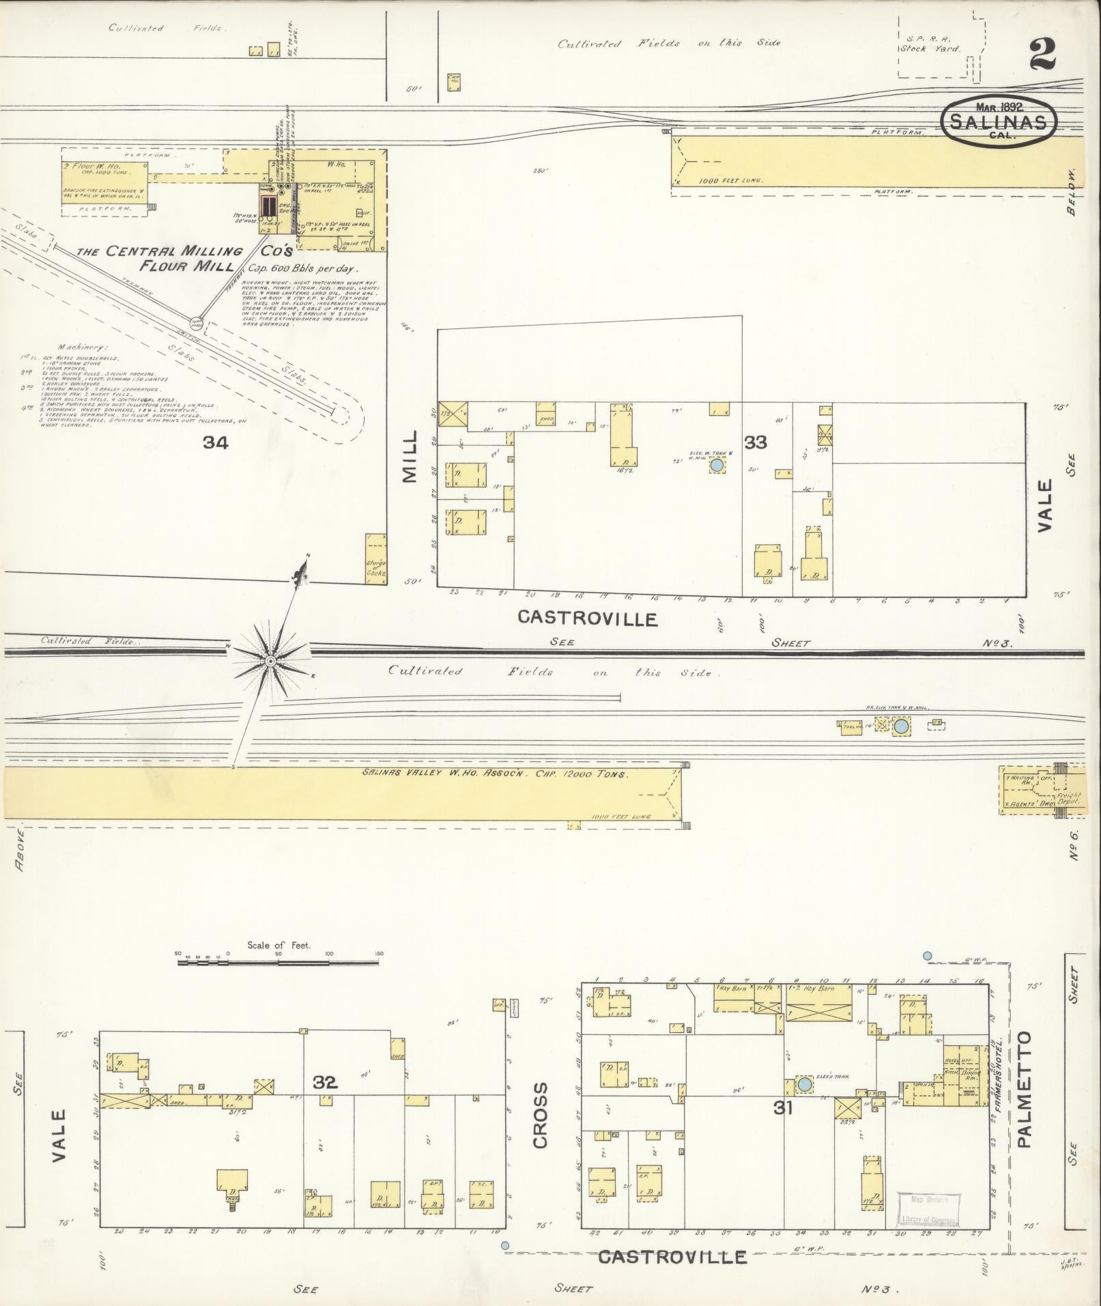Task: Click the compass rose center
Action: (270, 661)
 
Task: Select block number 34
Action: (215, 443)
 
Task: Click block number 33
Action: (756, 442)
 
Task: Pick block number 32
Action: (326, 1081)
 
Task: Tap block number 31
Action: (783, 1108)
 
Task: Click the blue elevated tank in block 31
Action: (805, 1084)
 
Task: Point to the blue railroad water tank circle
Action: (901, 726)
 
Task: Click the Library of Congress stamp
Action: (927, 1210)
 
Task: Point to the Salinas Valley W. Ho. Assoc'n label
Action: (495, 775)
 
